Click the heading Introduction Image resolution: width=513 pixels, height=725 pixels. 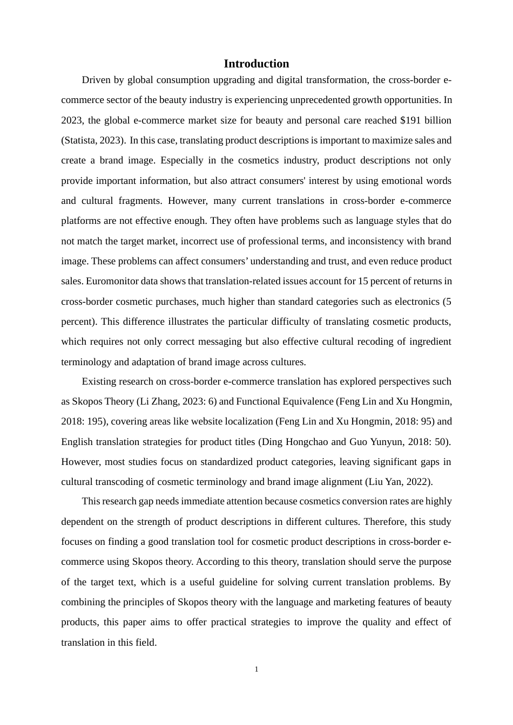(x=256, y=64)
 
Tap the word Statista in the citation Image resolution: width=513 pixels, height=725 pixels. (x=80, y=140)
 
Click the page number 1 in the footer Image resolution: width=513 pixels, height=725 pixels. (x=256, y=669)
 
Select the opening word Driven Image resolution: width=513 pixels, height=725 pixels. (x=96, y=80)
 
